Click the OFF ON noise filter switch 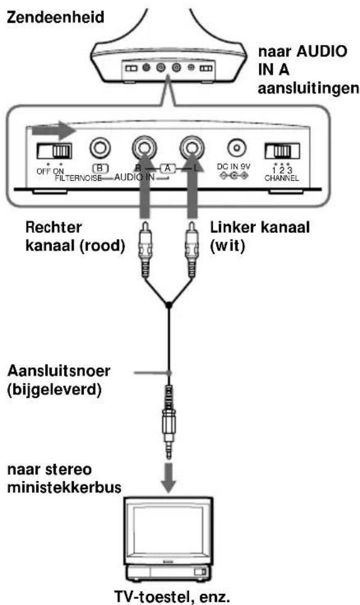pyautogui.click(x=53, y=151)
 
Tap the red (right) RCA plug pyautogui.click(x=145, y=246)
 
